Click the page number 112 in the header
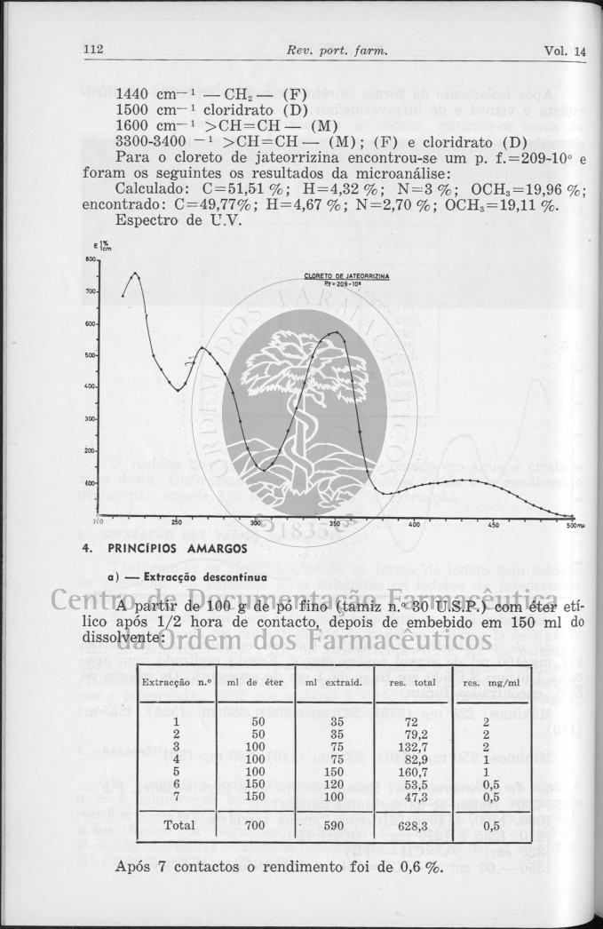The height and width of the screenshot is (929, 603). [x=93, y=51]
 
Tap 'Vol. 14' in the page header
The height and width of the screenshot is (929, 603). [x=565, y=52]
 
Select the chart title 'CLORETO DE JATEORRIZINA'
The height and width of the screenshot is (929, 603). [x=346, y=276]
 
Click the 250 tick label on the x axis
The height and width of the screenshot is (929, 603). [x=177, y=522]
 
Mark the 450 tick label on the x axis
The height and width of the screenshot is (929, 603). [x=494, y=525]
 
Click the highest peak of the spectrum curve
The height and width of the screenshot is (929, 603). [x=136, y=274]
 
